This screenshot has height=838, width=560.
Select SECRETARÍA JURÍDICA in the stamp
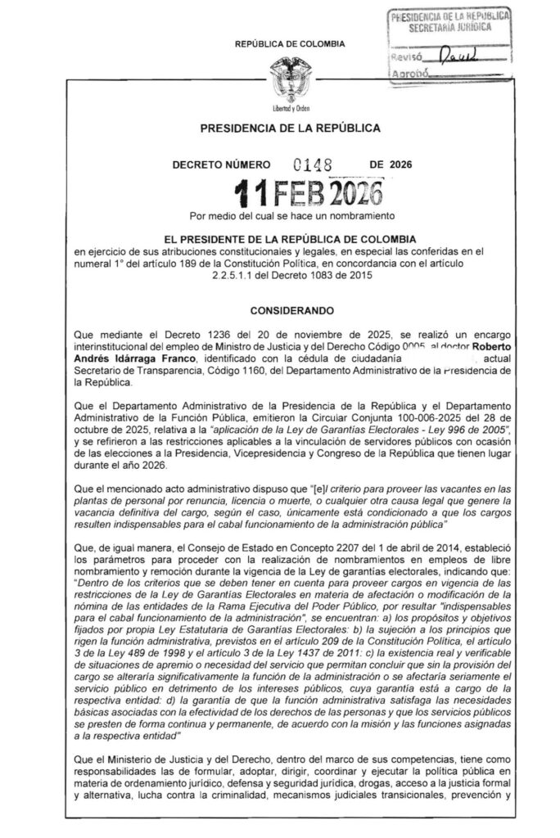point(448,25)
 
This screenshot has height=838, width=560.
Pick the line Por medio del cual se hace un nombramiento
point(291,216)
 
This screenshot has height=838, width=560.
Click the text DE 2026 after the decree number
point(391,164)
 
